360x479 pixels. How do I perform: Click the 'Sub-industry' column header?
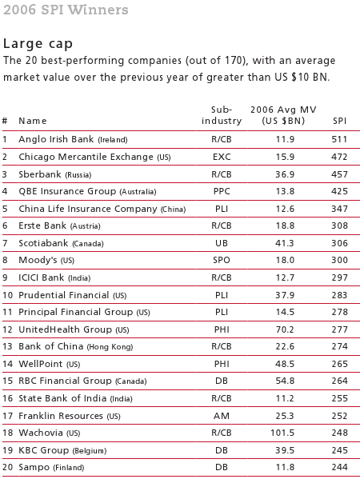click(222, 114)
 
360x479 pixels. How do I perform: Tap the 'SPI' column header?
click(340, 121)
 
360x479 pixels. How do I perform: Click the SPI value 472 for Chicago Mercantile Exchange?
click(340, 157)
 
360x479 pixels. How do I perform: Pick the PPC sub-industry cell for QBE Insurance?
click(222, 192)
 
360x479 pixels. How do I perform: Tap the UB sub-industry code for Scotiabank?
click(222, 243)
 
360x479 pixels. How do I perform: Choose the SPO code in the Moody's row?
click(222, 261)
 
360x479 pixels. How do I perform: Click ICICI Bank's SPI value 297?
click(340, 277)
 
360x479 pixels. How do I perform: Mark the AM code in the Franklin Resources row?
click(222, 416)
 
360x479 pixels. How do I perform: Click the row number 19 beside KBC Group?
click(6, 450)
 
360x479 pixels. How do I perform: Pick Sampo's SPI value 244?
click(340, 467)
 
